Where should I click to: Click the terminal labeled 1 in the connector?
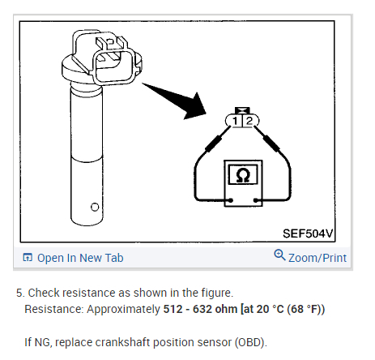(236, 121)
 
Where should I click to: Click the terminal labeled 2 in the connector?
(249, 121)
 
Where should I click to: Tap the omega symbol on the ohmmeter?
(243, 176)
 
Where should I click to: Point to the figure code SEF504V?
(308, 234)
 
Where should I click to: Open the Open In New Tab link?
(80, 258)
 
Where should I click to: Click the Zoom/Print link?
(317, 258)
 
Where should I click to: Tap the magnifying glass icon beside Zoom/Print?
(279, 255)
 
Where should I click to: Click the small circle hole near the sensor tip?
(95, 208)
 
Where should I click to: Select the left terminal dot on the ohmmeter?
(231, 200)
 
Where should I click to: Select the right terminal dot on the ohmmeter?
(255, 200)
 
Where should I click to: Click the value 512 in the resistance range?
(173, 309)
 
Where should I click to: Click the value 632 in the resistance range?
(202, 309)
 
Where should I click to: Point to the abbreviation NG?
(42, 343)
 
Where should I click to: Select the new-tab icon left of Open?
(28, 258)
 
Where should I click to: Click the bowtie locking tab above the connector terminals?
(242, 110)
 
